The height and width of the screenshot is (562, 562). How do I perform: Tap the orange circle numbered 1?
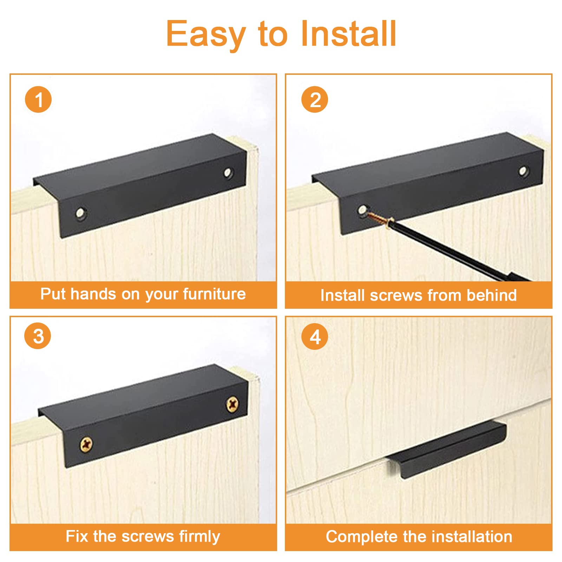click(38, 99)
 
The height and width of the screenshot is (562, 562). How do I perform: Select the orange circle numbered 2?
click(315, 99)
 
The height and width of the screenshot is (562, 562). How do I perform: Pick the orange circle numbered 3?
click(38, 336)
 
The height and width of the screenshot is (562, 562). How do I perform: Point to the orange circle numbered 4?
click(315, 336)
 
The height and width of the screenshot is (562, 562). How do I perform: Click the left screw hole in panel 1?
click(81, 213)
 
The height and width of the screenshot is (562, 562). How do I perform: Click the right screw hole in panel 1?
click(228, 172)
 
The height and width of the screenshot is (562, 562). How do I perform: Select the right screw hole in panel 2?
click(523, 171)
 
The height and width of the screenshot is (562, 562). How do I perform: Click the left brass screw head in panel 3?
click(86, 444)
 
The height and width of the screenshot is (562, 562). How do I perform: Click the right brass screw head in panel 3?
click(232, 404)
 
